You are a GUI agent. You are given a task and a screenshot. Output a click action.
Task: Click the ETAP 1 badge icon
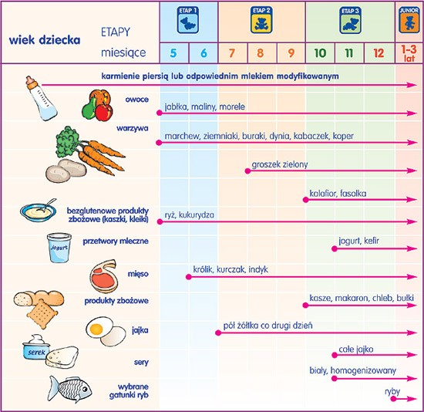[x=188, y=20]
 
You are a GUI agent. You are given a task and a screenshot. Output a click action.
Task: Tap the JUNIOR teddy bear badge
[x=409, y=20]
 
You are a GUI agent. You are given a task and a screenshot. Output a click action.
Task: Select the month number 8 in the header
[x=260, y=52]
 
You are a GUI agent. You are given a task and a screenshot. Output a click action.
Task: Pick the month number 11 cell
[x=349, y=52]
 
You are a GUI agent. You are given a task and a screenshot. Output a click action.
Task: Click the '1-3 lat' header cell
[x=409, y=53]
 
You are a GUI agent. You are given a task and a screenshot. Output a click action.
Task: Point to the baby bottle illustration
[x=41, y=98]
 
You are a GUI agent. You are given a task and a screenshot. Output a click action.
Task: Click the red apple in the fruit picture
[x=104, y=113]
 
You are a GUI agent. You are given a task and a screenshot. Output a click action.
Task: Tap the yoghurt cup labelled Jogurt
[x=59, y=248]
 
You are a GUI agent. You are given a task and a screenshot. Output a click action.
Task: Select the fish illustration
[x=69, y=389]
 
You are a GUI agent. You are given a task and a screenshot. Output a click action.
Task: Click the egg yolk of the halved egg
[x=96, y=329]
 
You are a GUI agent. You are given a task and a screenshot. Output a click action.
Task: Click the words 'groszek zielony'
[x=280, y=164]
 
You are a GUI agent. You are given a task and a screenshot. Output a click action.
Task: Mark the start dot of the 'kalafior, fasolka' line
[x=305, y=200]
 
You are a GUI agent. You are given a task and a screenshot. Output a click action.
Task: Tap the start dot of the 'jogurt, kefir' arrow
[x=335, y=248]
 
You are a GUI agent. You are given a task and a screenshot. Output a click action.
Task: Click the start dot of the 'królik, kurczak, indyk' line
[x=189, y=277]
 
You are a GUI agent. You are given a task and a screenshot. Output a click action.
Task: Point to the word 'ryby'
[x=392, y=391]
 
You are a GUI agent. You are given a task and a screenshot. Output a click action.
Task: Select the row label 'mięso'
[x=138, y=274]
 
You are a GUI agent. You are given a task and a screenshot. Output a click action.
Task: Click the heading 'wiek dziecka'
[x=45, y=40]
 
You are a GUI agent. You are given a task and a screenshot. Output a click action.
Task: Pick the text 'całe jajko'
[x=356, y=350]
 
